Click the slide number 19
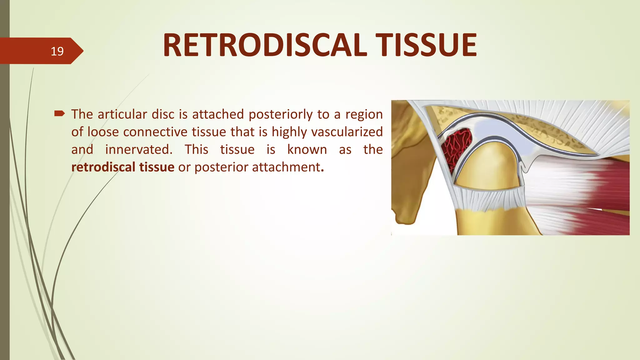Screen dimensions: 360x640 [x=57, y=51]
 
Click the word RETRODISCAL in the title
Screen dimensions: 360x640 [x=264, y=46]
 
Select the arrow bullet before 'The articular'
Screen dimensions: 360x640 [x=59, y=113]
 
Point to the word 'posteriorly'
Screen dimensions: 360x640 [x=280, y=115]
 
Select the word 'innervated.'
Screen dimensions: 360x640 [x=139, y=149]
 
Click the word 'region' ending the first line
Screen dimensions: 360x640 [x=364, y=115]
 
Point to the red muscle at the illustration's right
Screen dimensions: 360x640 [x=612, y=184]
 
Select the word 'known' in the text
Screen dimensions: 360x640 [x=307, y=149]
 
